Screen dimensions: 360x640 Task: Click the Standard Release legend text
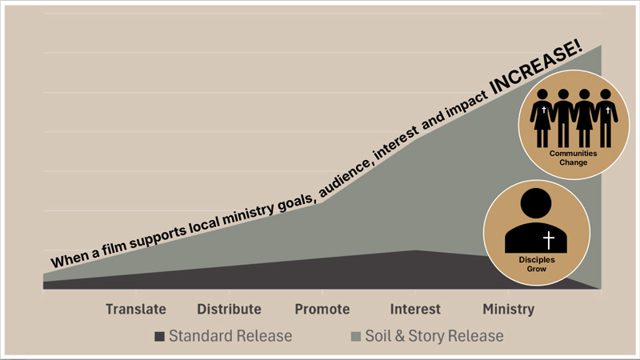click(230, 336)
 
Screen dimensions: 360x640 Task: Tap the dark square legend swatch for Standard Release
click(160, 336)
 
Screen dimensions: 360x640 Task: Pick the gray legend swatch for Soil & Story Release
click(356, 336)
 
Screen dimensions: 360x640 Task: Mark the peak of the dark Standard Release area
click(415, 251)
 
